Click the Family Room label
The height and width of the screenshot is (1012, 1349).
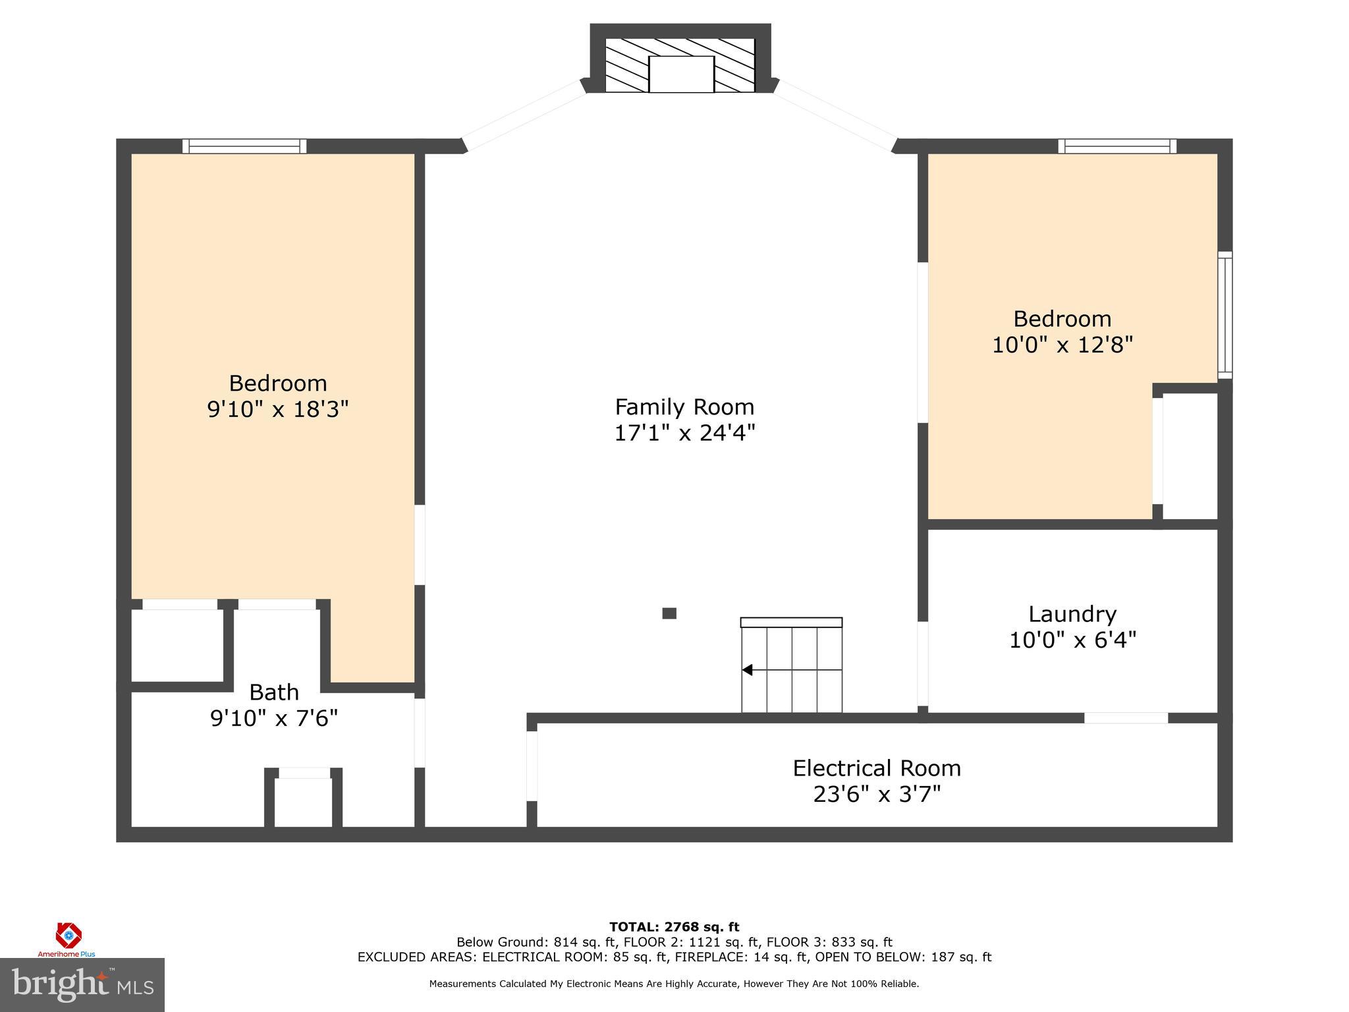[x=684, y=407]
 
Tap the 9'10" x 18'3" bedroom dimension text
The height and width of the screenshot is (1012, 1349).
[x=277, y=410]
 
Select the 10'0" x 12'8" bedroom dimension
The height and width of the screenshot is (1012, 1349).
[x=1062, y=345]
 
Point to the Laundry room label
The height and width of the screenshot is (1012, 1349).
[x=1072, y=614]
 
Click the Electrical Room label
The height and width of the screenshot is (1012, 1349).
[x=876, y=768]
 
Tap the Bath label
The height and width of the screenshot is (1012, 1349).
[x=274, y=692]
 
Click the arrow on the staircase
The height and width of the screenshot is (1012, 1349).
[x=748, y=670]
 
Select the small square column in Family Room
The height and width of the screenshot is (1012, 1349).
[x=669, y=613]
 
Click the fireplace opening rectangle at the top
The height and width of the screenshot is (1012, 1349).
[x=681, y=74]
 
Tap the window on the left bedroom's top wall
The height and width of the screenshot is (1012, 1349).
[x=244, y=146]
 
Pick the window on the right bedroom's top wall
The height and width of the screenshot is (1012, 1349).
[x=1117, y=146]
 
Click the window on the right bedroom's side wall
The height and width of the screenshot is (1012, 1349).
[x=1225, y=315]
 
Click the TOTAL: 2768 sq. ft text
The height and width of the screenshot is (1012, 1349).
[x=674, y=927]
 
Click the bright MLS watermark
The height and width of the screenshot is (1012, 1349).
[x=82, y=984]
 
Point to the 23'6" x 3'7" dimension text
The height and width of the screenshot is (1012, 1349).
[x=876, y=795]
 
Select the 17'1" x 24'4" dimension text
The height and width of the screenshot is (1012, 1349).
[x=684, y=433]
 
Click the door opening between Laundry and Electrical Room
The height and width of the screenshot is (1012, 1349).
[x=1126, y=717]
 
